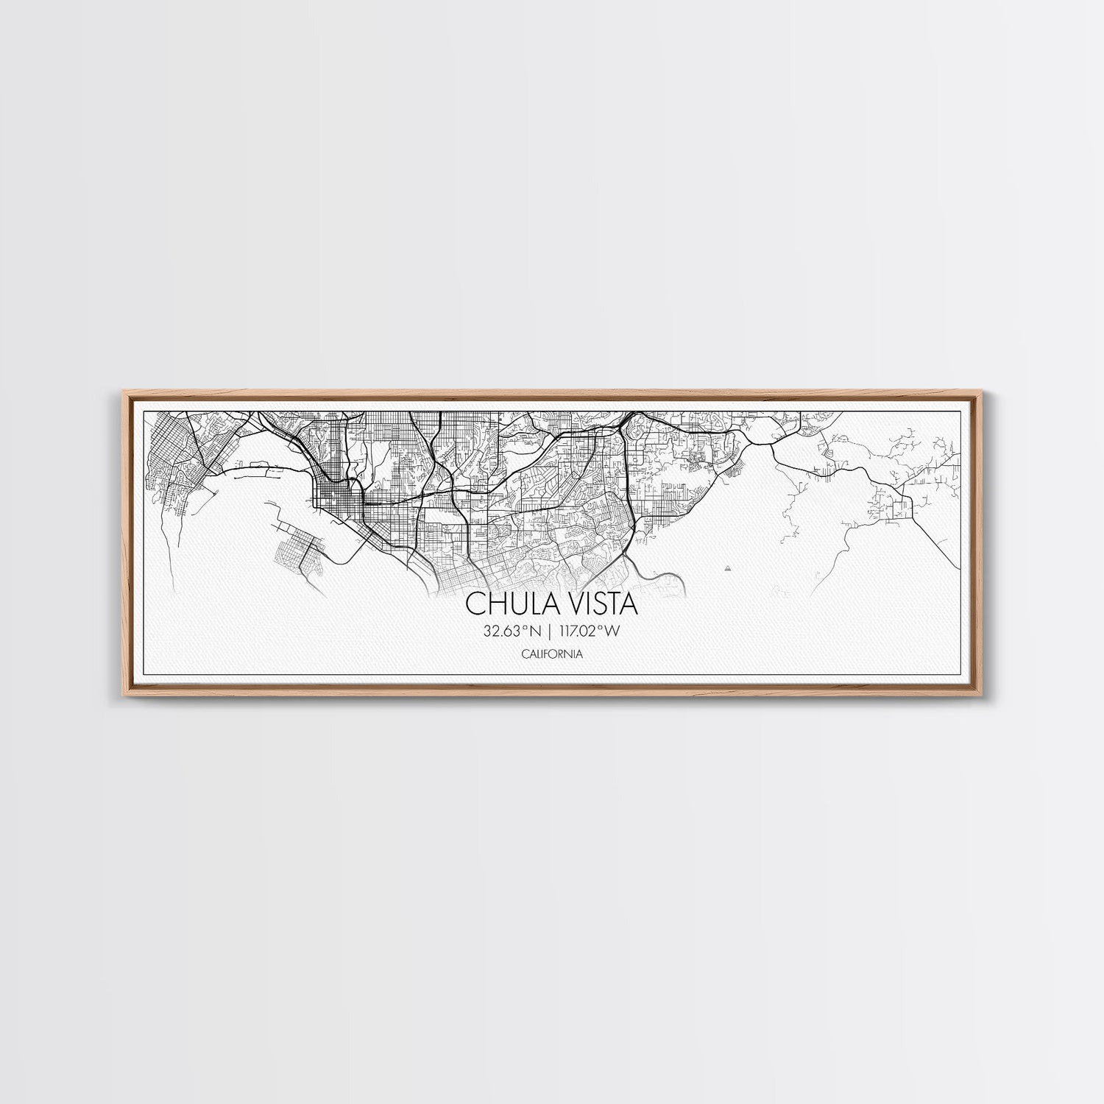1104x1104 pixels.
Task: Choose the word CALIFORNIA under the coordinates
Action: click(x=552, y=654)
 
